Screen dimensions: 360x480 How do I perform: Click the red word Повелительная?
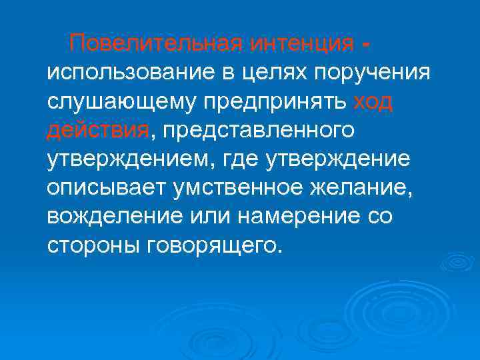point(157,45)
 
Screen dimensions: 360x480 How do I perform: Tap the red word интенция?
point(302,45)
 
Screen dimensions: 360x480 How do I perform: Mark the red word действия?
point(98,130)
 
